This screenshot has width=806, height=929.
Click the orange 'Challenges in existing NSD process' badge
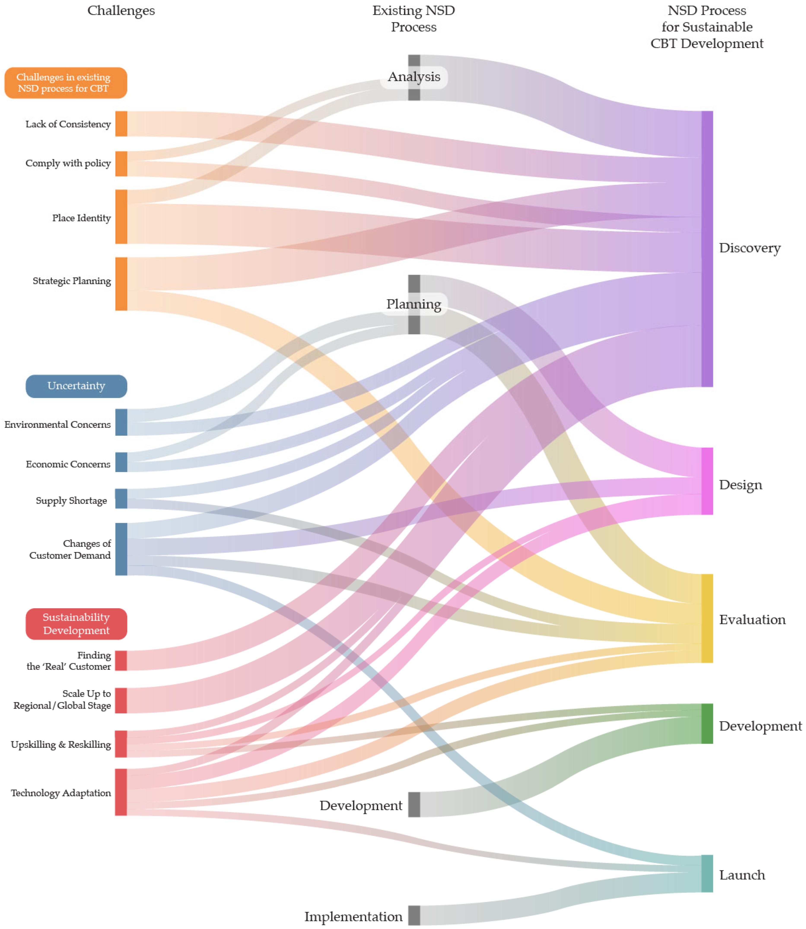[66, 83]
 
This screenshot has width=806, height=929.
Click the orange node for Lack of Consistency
[121, 124]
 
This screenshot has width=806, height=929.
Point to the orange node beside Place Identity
[121, 217]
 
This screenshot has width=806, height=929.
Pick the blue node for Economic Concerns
[121, 462]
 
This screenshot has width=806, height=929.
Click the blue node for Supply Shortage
[121, 499]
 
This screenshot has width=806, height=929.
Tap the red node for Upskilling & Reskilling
[121, 744]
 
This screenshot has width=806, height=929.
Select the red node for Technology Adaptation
[121, 792]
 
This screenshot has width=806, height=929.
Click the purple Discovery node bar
[707, 249]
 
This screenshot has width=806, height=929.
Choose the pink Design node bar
[707, 481]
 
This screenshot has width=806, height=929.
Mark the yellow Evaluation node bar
[707, 618]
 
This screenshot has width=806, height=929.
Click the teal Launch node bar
[707, 874]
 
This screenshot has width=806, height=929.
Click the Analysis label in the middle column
[414, 77]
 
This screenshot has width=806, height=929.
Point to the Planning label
[414, 304]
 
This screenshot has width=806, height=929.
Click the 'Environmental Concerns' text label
[57, 424]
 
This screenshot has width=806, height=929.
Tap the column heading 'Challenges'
[121, 10]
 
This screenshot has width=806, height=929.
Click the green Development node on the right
[707, 724]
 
